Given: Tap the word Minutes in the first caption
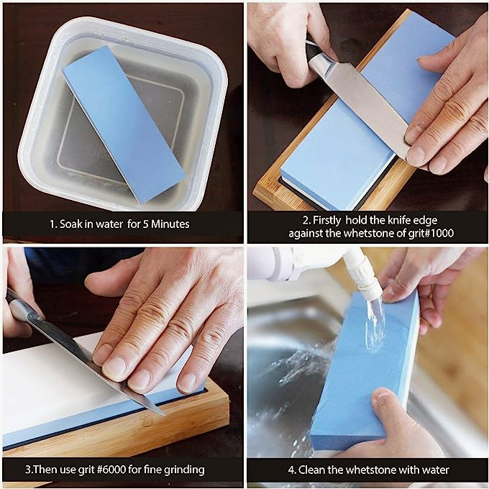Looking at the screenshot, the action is (x=170, y=224).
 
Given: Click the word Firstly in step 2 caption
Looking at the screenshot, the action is (x=326, y=221).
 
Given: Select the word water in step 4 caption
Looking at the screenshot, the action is (x=435, y=470).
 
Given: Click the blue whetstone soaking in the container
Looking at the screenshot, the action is (x=124, y=124).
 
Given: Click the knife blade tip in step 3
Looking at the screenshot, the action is (x=164, y=415).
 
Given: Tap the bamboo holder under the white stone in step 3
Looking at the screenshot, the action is (x=124, y=430).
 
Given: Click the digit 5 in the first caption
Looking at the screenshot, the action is (x=145, y=224).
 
